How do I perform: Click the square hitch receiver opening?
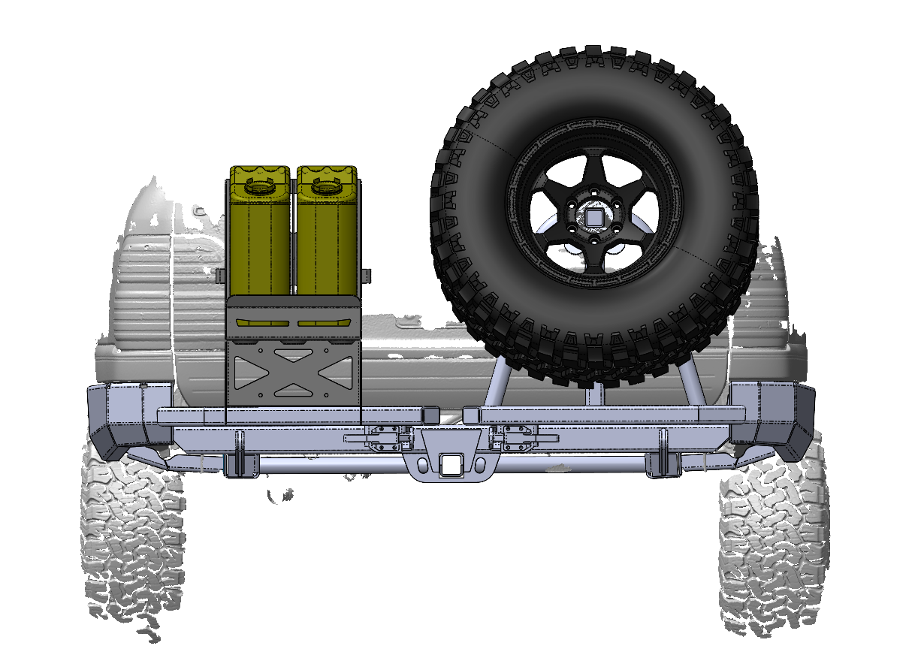coord(451,465)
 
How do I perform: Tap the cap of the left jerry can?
coord(258,185)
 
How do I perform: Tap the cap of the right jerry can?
coord(325,185)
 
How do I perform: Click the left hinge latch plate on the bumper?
coord(384,438)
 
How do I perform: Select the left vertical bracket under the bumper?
coord(238,454)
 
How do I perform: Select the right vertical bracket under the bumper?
coord(663,454)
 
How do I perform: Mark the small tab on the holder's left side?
coord(222,274)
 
